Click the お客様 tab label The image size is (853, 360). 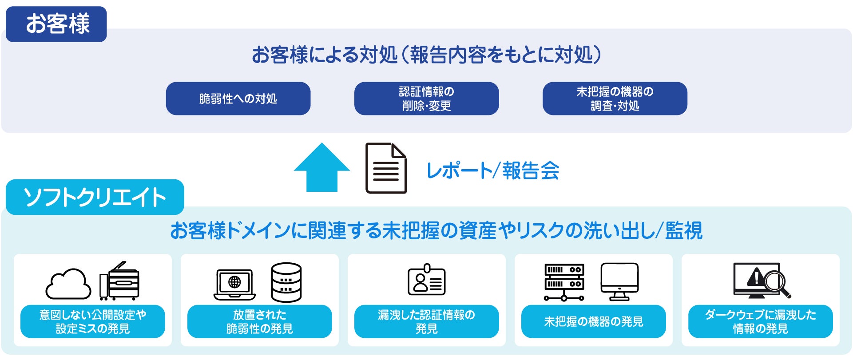(x=56, y=24)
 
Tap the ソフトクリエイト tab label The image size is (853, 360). (x=95, y=197)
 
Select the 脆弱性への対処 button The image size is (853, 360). (x=238, y=99)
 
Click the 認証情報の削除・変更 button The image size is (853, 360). (x=426, y=99)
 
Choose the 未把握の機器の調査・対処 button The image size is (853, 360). (x=615, y=99)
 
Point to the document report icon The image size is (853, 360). (x=385, y=168)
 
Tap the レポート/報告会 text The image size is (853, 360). (x=492, y=171)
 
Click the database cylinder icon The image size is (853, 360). (x=286, y=282)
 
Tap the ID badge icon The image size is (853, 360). (x=426, y=281)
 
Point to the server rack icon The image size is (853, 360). (x=564, y=282)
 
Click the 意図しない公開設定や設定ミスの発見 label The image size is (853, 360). (x=93, y=321)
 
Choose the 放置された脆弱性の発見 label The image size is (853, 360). (x=259, y=321)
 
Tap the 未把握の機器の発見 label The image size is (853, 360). (x=593, y=321)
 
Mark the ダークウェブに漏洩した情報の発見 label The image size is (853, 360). (x=760, y=321)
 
